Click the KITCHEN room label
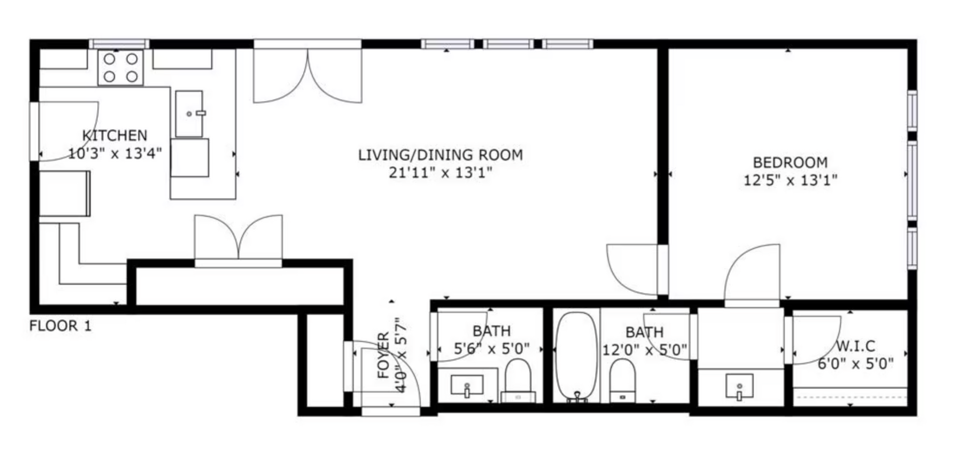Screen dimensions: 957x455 click(115, 135)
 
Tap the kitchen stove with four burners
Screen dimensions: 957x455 click(121, 68)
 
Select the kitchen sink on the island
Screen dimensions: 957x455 click(189, 114)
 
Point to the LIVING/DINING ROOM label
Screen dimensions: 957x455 click(441, 155)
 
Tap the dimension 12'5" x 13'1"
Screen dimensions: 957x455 click(791, 180)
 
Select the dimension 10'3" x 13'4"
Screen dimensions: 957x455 click(115, 154)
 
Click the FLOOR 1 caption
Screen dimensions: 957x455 click(60, 326)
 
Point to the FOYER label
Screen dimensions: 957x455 click(383, 356)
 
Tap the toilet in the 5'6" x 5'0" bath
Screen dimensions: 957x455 click(518, 380)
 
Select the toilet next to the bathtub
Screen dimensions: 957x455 click(622, 380)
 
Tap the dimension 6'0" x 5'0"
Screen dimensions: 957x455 click(856, 363)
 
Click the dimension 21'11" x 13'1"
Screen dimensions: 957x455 click(441, 173)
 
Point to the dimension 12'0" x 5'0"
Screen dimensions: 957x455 click(644, 349)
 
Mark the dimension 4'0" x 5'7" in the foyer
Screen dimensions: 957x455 click(401, 356)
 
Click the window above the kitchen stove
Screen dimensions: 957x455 click(119, 44)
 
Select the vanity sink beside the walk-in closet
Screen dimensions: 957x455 click(740, 387)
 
